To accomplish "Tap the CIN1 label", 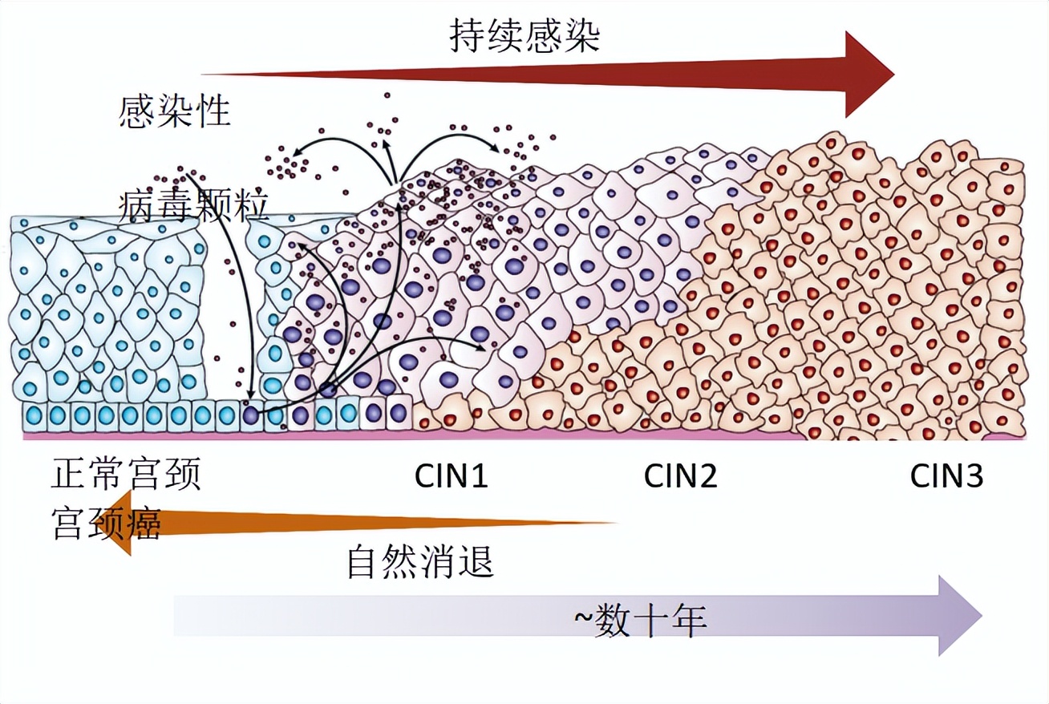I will coord(451,477).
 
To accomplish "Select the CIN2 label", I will coord(680,477).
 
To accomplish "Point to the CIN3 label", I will coord(946,477).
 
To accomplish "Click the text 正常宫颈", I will coord(126,475).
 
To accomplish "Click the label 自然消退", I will coord(419,562).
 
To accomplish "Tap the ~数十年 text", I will coord(640,620).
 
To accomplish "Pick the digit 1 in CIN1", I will coord(479,477).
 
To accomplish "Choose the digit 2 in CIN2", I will coord(707,477).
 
